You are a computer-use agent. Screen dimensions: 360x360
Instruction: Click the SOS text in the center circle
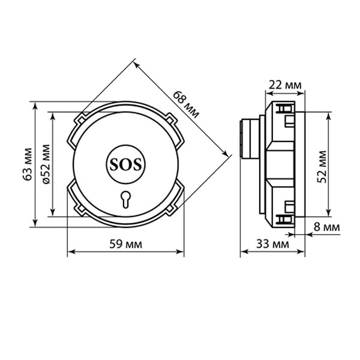coord(125,164)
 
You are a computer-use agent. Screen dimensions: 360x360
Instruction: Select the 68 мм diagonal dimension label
coord(185,104)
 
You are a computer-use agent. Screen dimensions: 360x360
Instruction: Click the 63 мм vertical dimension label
coord(28,164)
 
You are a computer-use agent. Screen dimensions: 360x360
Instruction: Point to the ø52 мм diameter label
coord(46,164)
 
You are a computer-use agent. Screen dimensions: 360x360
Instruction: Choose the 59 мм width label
coord(125,244)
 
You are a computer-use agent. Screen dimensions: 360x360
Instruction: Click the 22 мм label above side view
coord(285,85)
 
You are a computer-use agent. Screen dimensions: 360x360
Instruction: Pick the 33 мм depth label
coord(272,244)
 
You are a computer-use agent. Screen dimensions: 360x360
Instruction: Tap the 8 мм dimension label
coord(327,227)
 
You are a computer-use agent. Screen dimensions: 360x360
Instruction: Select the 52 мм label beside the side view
coord(322,167)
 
